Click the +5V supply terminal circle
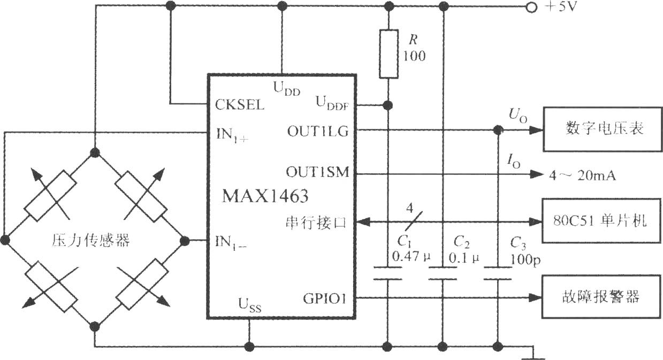pos(531,7)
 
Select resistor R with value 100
pos(388,53)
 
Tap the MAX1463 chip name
pos(265,196)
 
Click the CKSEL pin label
pos(239,105)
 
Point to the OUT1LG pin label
pos(318,132)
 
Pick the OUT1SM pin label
pos(318,172)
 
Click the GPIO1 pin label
pos(324,298)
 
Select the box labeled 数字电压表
pos(603,129)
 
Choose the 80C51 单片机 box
pos(601,221)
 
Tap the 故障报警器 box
pos(601,297)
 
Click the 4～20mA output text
pos(583,175)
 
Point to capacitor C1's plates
pos(387,273)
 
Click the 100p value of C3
pos(525,260)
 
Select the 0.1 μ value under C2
pos(463,258)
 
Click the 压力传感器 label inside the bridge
pos(91,240)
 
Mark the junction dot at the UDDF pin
pos(387,105)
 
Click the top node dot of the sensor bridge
pos(95,152)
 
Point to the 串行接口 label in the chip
pos(316,222)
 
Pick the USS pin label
pos(250,305)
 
